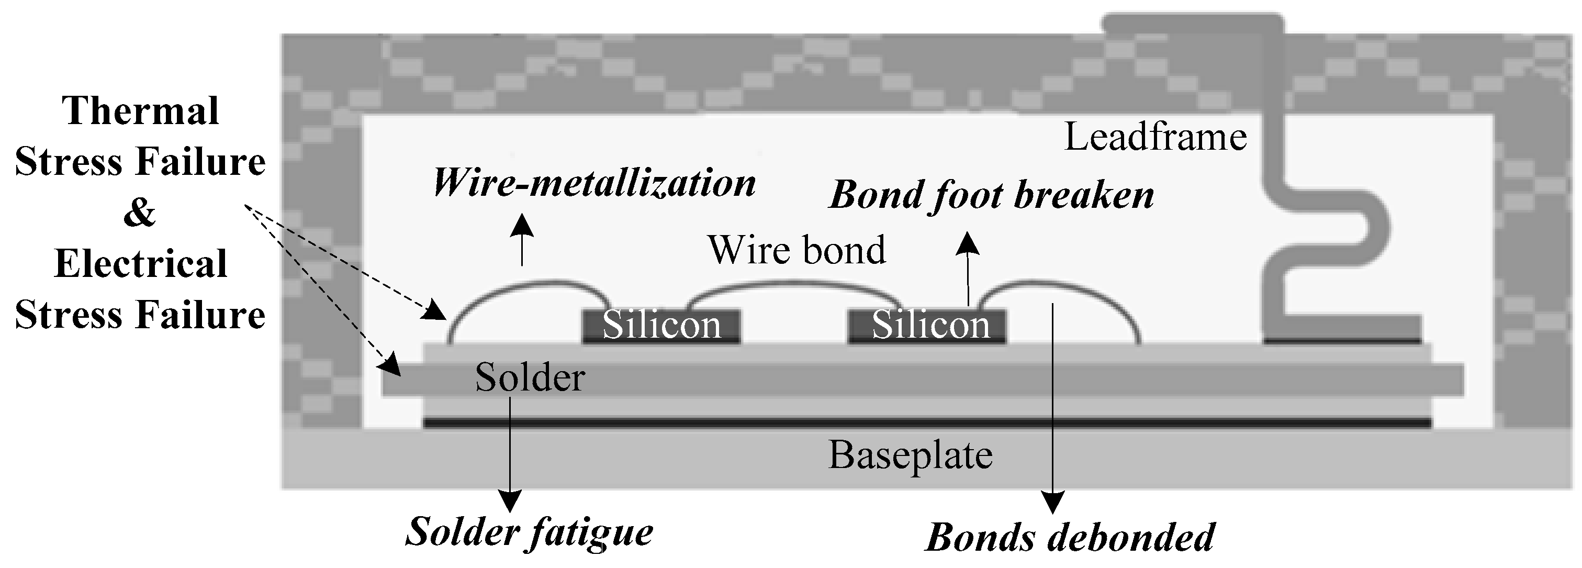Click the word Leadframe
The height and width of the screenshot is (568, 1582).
pyautogui.click(x=1155, y=136)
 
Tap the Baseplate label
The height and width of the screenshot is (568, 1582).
pyautogui.click(x=910, y=455)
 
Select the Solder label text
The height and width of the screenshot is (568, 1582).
pyautogui.click(x=530, y=377)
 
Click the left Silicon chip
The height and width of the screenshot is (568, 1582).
pyautogui.click(x=661, y=326)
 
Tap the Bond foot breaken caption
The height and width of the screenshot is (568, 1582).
pyautogui.click(x=991, y=195)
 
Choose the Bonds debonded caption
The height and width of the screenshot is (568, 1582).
pyautogui.click(x=1069, y=537)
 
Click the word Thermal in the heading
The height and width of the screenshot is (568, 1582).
pyautogui.click(x=141, y=111)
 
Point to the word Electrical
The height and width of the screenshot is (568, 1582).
pyautogui.click(x=141, y=264)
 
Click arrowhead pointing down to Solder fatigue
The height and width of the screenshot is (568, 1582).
pyautogui.click(x=510, y=501)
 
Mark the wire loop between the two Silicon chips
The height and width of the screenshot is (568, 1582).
pyautogui.click(x=795, y=284)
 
